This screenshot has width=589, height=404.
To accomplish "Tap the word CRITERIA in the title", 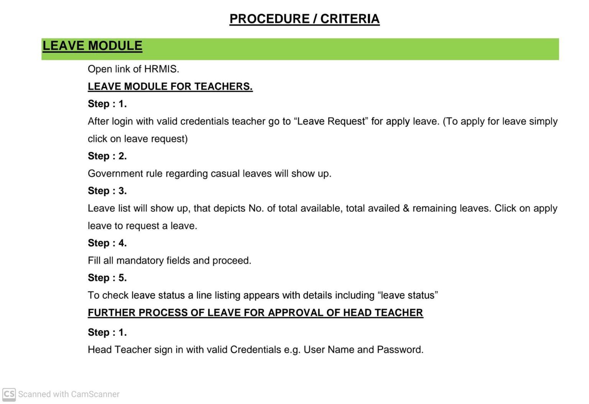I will pos(350,18).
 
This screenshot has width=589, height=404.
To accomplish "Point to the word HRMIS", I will pos(161,69).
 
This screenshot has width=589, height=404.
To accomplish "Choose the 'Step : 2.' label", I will pos(107,156).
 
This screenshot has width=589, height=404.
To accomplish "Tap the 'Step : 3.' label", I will pos(107,191).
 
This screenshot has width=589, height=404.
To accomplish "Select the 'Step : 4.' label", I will pos(107,243).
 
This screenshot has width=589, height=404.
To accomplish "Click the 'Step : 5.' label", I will pos(107,278).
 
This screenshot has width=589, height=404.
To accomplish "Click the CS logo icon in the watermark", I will pos(9,394).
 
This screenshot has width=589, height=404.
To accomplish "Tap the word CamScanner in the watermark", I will pos(95,394).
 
